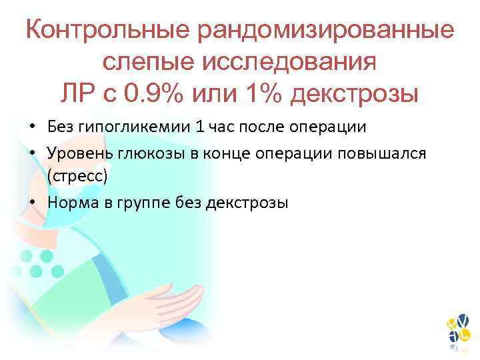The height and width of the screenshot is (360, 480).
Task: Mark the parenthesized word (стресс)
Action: (77, 176)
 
